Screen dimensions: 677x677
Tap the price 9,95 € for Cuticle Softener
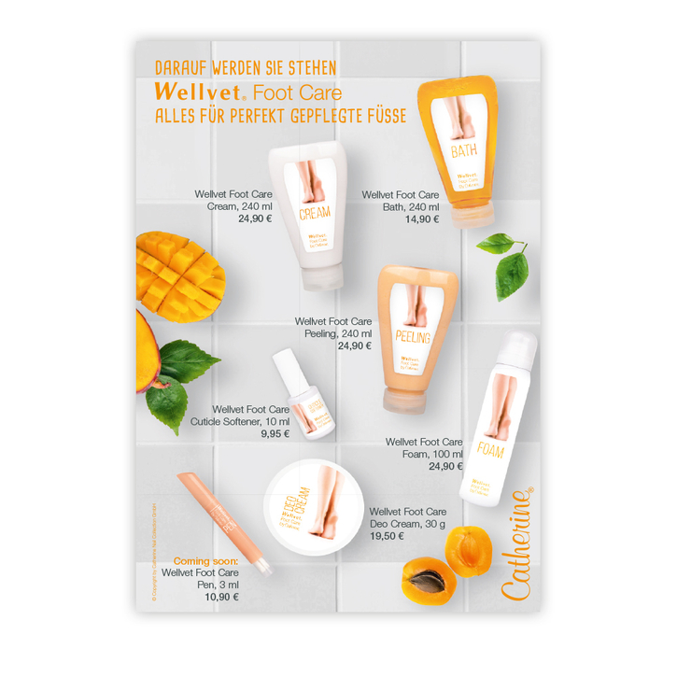[x=275, y=433]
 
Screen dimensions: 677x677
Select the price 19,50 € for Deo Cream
[x=388, y=536]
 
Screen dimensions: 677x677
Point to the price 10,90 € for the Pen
[x=222, y=596]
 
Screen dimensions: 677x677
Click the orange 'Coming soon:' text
[x=206, y=560]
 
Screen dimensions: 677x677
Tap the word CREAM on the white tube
[x=315, y=214]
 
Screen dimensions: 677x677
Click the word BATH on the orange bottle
[x=465, y=150]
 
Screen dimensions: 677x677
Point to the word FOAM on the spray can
[x=490, y=452]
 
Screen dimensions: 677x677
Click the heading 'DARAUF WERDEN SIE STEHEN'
[x=246, y=68]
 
